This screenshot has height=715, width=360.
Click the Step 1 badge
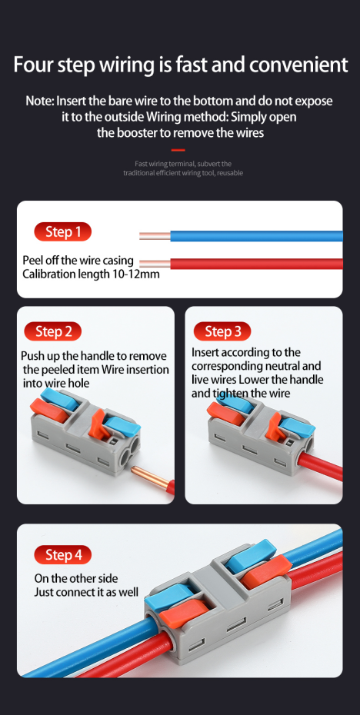62,232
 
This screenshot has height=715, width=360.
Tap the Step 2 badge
53,331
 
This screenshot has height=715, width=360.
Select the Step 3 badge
222,331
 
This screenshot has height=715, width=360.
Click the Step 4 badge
62,555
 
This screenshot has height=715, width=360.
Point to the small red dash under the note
178,150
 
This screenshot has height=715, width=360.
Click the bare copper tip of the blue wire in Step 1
155,236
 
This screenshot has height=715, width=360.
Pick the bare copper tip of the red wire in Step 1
155,264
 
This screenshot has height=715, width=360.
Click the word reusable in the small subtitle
232,173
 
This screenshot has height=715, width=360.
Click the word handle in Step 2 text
98,356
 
